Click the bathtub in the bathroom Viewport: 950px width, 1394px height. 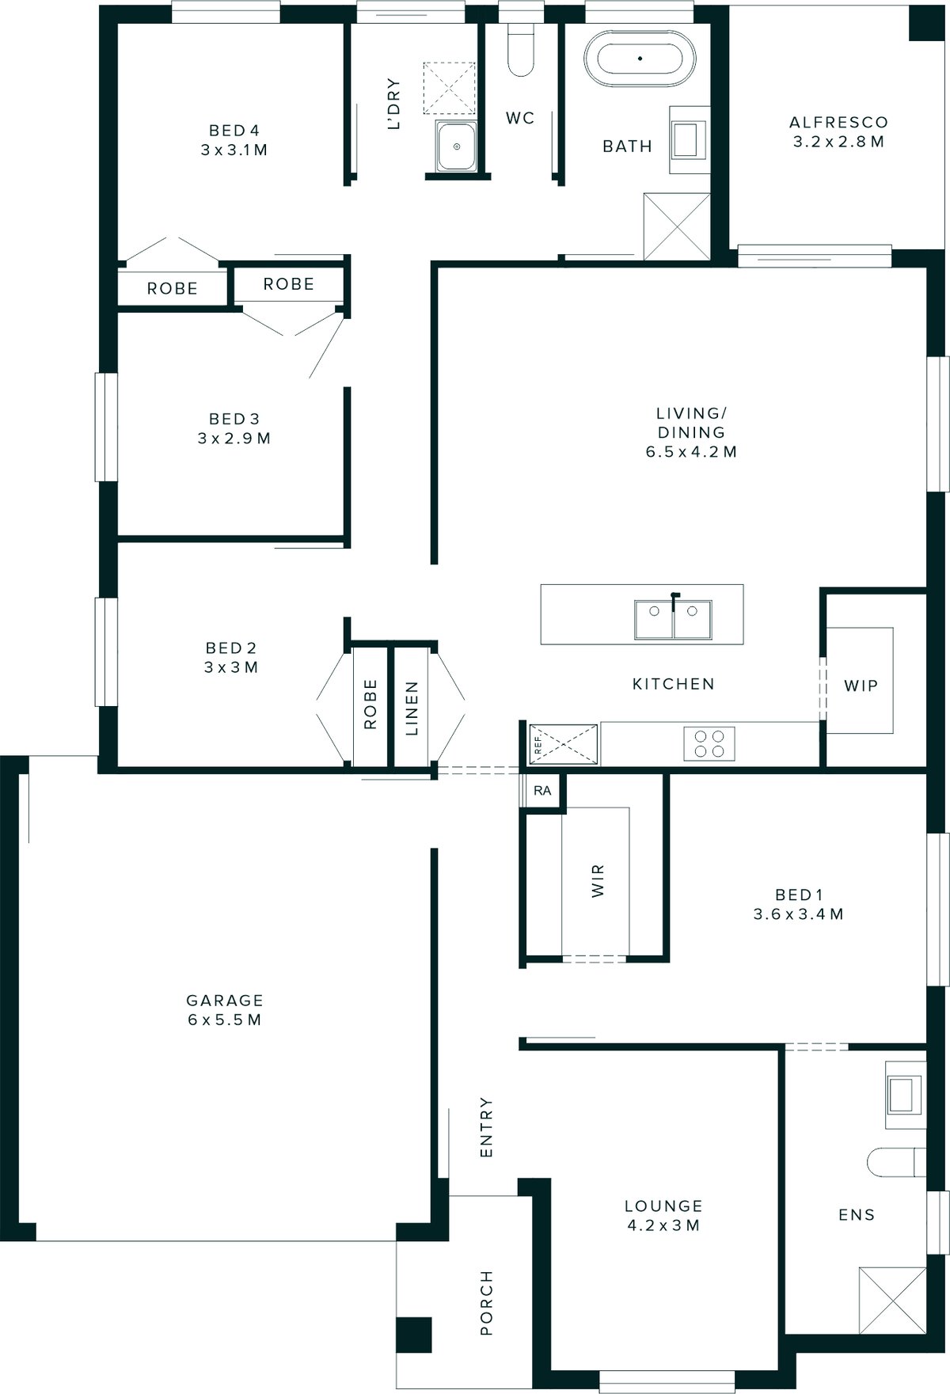(x=640, y=59)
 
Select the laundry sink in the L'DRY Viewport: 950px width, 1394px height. (x=456, y=146)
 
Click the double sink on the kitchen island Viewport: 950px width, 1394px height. (x=672, y=618)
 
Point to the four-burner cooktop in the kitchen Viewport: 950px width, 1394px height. (x=709, y=743)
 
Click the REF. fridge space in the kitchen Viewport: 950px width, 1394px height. (x=563, y=744)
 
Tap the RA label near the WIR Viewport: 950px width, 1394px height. (x=542, y=791)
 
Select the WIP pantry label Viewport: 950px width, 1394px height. (x=861, y=686)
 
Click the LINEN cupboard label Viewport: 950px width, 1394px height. (x=412, y=708)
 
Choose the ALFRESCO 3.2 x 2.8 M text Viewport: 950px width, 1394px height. (x=838, y=132)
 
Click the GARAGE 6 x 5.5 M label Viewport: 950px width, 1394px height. (x=225, y=1010)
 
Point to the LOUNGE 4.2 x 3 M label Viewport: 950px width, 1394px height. (x=663, y=1215)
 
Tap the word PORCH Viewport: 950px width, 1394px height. (x=486, y=1303)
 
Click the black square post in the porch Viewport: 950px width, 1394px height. (x=414, y=1334)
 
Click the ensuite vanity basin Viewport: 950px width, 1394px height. (x=905, y=1095)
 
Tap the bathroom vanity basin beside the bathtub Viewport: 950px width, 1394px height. (x=689, y=139)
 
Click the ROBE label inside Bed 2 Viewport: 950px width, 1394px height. (x=370, y=705)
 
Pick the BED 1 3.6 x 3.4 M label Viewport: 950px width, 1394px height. (x=798, y=904)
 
